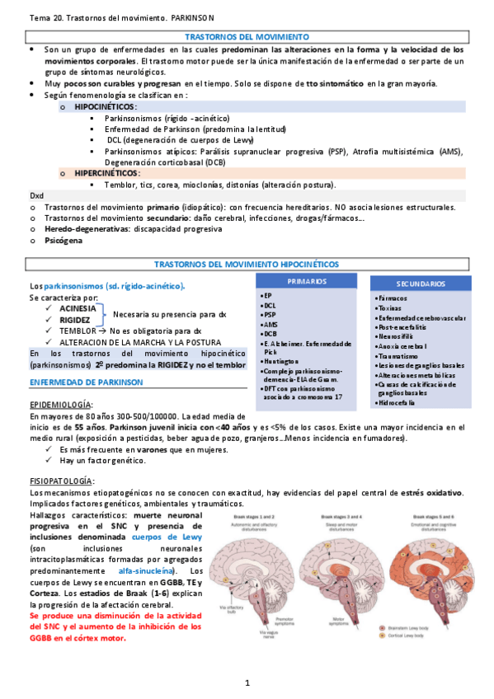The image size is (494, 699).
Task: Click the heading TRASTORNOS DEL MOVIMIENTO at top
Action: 247,37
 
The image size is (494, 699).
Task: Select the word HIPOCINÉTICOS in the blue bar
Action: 106,107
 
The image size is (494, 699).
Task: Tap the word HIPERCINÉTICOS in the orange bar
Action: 106,174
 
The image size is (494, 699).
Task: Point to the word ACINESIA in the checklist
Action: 78,308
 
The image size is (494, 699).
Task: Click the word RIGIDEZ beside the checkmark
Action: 75,320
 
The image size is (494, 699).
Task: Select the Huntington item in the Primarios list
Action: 283,361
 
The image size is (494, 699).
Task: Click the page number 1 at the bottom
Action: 247,683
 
